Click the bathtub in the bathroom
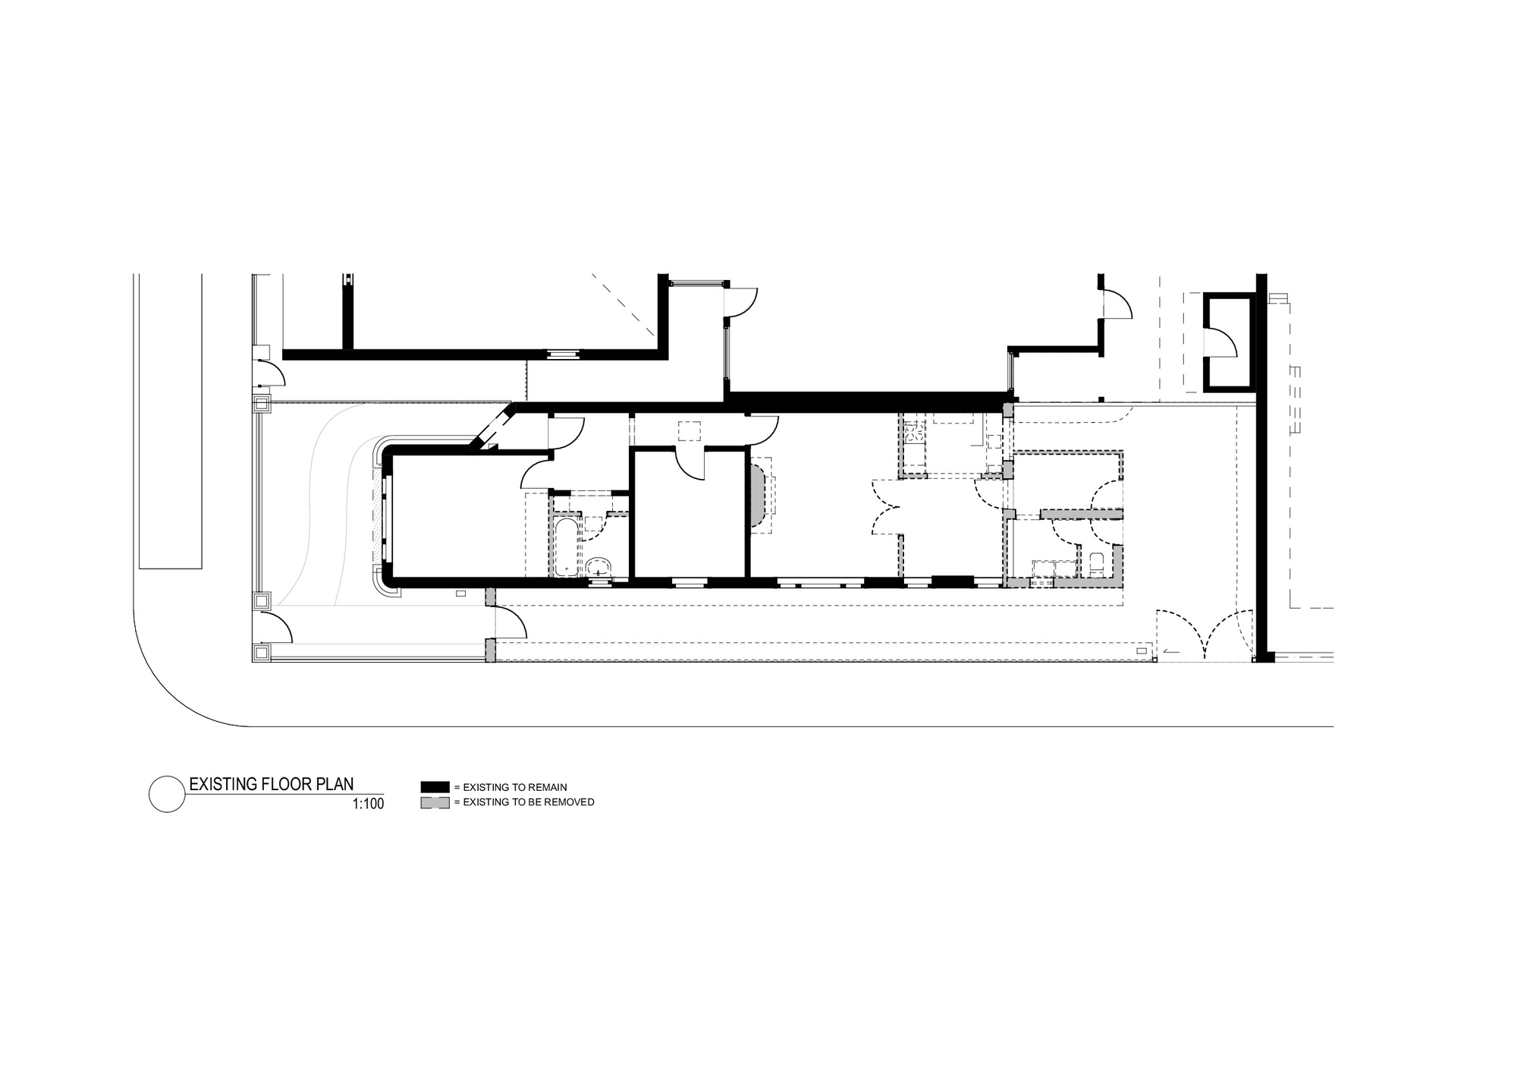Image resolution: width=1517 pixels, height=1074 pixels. (564, 546)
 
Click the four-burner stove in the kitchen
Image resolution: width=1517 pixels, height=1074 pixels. (915, 433)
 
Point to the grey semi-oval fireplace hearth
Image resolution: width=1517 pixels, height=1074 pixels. (758, 496)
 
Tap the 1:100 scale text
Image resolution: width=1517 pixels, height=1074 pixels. (368, 804)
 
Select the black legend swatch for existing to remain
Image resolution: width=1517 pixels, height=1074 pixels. (435, 787)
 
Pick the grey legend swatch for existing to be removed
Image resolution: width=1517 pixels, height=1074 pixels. (435, 802)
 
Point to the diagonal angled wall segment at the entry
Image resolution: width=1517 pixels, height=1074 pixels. (492, 430)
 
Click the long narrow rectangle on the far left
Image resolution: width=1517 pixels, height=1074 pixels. (170, 421)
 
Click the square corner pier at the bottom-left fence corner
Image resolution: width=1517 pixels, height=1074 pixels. (262, 652)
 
